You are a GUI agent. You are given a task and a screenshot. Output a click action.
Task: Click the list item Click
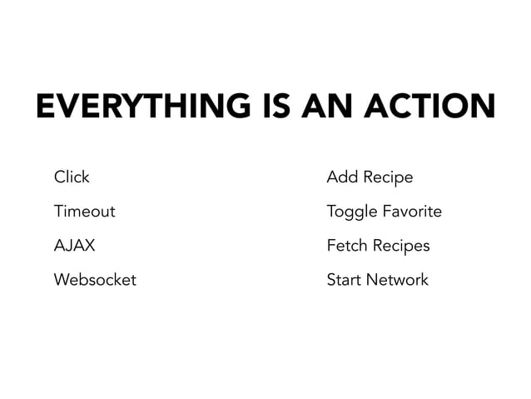point(72,177)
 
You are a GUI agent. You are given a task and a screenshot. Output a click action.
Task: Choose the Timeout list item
point(84,212)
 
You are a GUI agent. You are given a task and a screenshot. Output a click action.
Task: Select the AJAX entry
point(74,246)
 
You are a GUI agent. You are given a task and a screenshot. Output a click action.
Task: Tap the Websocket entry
point(95,280)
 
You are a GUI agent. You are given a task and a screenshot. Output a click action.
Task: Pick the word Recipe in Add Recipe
point(387,178)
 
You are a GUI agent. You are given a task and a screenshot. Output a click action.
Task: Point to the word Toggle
point(352,212)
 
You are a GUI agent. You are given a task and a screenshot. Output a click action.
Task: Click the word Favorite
point(411,212)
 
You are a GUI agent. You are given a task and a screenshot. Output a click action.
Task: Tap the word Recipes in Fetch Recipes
point(400,247)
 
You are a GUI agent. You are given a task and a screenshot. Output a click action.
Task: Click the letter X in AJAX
point(89,246)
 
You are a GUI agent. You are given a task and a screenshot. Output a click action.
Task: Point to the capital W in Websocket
point(62,280)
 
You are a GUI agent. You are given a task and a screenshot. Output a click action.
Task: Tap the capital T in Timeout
point(58,212)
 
